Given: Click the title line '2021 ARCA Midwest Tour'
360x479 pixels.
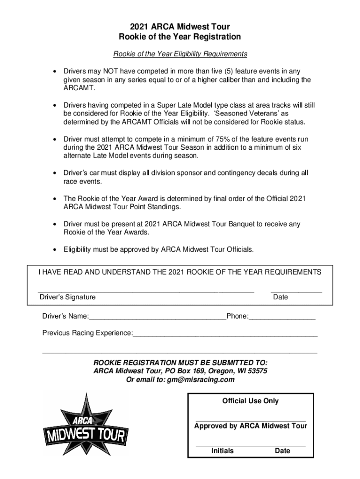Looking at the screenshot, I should [180, 27].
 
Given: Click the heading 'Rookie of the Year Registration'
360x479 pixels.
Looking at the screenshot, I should [180, 37].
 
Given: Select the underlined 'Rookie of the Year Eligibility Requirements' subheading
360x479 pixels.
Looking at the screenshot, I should [180, 54].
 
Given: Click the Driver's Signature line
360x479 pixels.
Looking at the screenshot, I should [146, 291].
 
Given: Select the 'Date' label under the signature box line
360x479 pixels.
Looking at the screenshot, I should [281, 297].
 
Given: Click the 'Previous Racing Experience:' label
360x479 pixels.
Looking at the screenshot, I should [87, 333].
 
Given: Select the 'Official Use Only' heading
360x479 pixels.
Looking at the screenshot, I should [250, 401].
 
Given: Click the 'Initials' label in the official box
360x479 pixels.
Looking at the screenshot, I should [222, 451].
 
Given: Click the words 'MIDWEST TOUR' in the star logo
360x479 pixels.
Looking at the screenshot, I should [85, 435].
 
